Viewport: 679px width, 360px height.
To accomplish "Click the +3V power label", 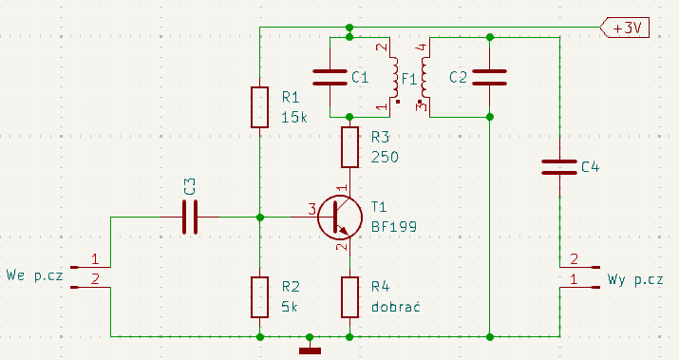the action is tap(625, 28).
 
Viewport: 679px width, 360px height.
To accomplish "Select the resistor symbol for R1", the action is tap(259, 107).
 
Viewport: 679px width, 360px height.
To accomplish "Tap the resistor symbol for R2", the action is tap(259, 297).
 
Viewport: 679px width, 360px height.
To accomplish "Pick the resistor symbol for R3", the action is tap(349, 147).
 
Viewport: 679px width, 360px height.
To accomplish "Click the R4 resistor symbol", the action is tap(349, 297).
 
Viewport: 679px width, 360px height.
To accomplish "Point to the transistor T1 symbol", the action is tap(340, 218).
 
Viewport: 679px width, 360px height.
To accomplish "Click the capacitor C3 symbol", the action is tap(190, 217).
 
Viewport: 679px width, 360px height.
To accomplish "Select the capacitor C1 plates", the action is tap(330, 77).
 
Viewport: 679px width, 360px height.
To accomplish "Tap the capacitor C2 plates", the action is tap(489, 77).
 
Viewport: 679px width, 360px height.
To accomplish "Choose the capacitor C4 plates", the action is tap(559, 167).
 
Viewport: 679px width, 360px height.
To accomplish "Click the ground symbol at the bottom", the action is tap(310, 351).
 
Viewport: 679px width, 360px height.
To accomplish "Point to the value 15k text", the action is tap(294, 118).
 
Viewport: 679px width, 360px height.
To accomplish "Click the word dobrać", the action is tap(396, 306).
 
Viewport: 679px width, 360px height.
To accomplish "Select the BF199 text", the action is tap(394, 227).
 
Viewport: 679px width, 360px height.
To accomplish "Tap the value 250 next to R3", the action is tap(385, 157).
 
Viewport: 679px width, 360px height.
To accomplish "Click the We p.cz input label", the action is tap(34, 275).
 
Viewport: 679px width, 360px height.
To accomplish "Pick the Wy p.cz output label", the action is tap(634, 279).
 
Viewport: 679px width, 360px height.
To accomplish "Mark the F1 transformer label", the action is tap(409, 79).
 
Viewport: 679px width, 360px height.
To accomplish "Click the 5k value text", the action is tap(290, 307).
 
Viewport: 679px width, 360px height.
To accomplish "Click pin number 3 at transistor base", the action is tap(311, 210).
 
